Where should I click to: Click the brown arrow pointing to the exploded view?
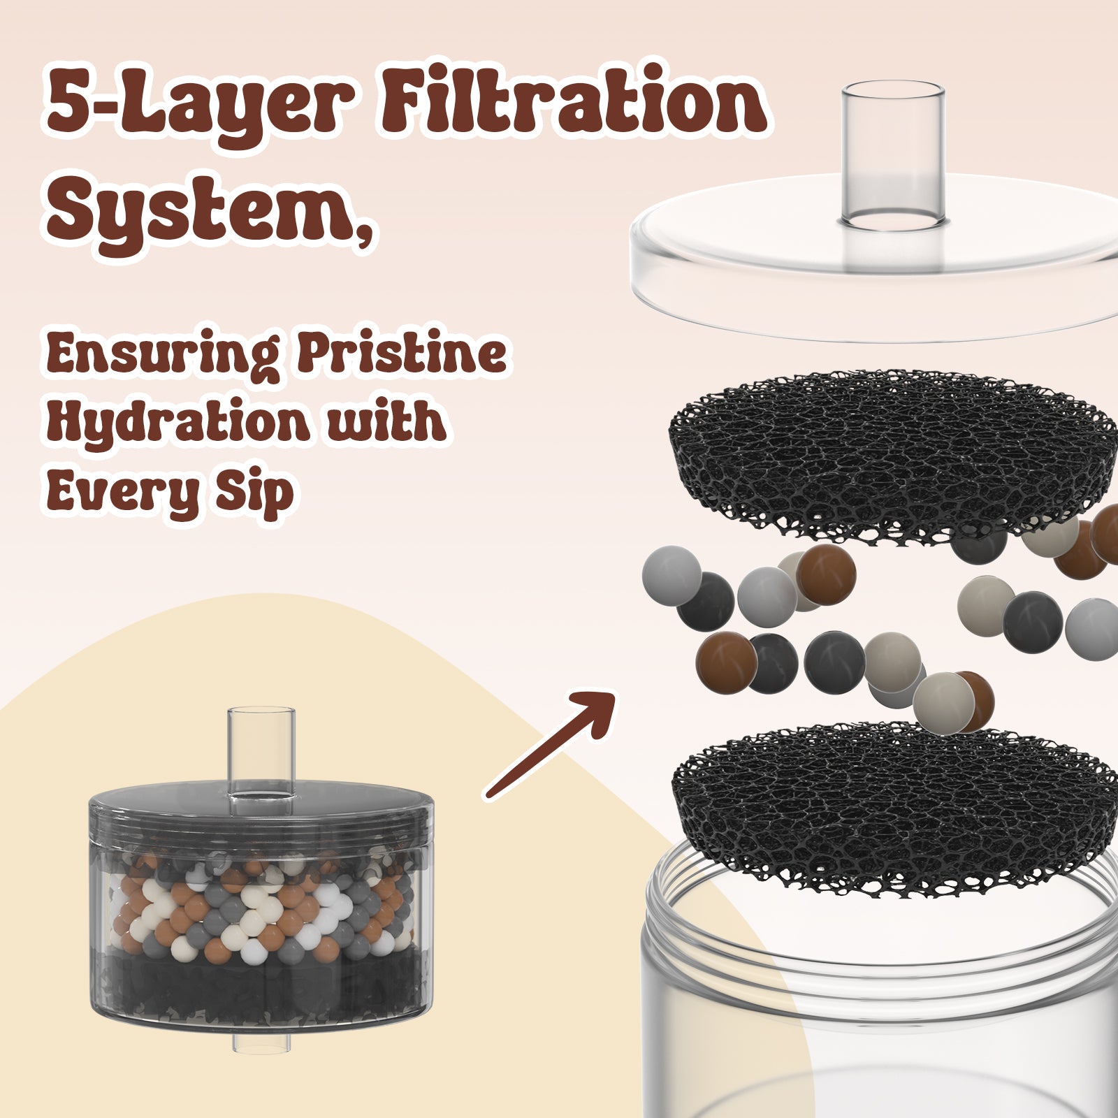(x=549, y=745)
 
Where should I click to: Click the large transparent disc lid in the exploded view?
(x=874, y=269)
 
